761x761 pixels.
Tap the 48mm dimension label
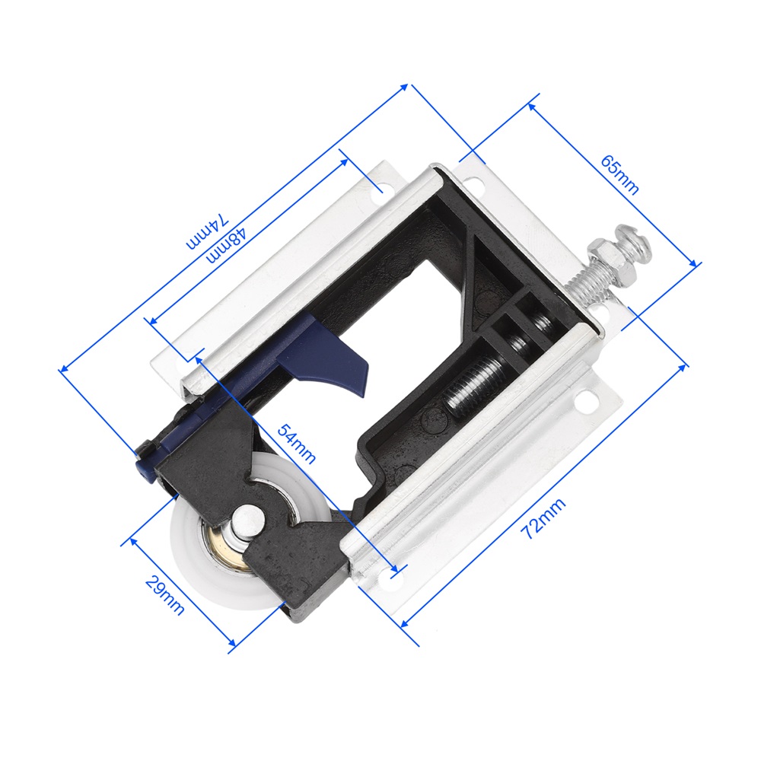pos(226,246)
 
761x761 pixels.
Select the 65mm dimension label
pos(619,175)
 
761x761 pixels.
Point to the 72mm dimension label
pos(543,519)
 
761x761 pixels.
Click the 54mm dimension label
pos(297,444)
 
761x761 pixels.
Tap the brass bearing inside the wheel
pos(220,548)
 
